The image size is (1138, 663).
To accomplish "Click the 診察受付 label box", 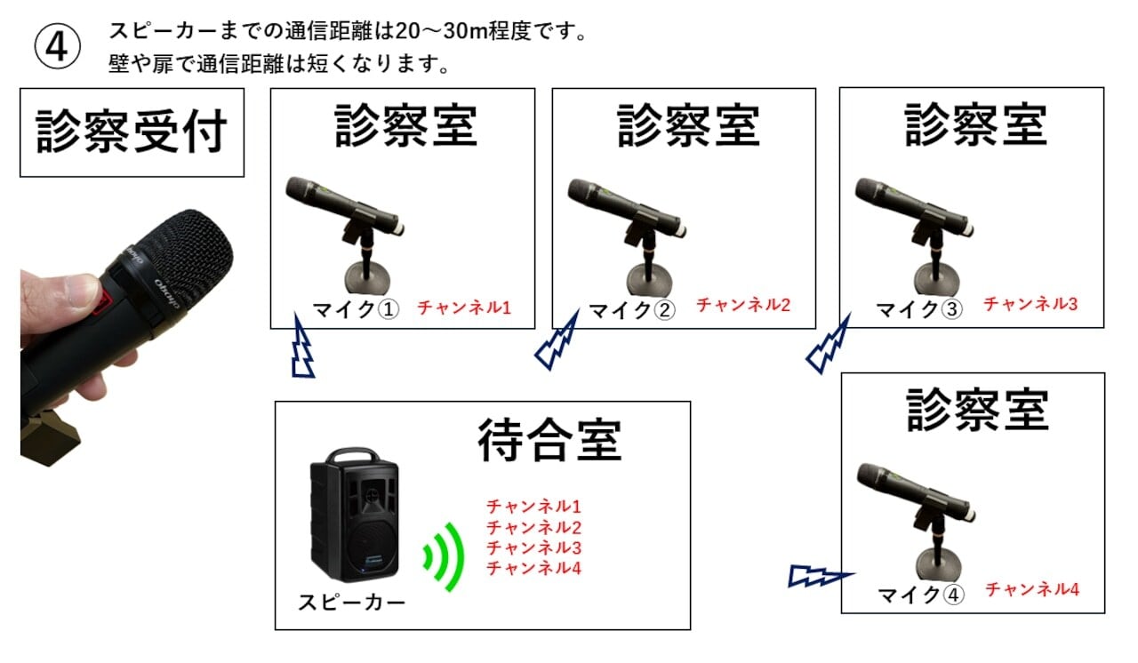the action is click(x=132, y=132).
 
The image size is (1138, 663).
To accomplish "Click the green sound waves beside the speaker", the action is click(x=445, y=557).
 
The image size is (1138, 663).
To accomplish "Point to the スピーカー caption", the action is click(x=351, y=603).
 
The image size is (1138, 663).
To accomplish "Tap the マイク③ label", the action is click(x=919, y=309).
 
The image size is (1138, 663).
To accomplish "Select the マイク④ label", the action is click(x=921, y=594).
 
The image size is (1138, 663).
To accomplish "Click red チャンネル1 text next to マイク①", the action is click(x=464, y=308).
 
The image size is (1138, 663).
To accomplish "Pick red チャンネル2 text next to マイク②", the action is click(x=742, y=305).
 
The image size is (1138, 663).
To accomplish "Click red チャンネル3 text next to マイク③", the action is click(x=1030, y=304).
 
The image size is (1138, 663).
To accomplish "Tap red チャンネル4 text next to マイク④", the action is click(x=1032, y=588).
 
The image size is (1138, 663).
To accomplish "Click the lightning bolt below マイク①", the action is click(x=302, y=349).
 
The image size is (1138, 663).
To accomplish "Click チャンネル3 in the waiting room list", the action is click(x=533, y=547).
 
